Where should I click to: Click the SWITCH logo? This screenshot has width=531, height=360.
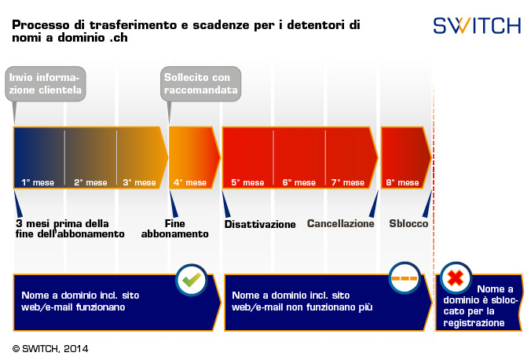pyautogui.click(x=477, y=26)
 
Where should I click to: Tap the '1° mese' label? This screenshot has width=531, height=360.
pyautogui.click(x=38, y=182)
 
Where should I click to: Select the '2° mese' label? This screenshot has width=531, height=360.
pyautogui.click(x=90, y=182)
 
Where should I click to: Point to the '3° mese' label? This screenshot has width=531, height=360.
pyautogui.click(x=140, y=182)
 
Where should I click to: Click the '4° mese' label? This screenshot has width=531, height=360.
pyautogui.click(x=190, y=182)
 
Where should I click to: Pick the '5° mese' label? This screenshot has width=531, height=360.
pyautogui.click(x=247, y=182)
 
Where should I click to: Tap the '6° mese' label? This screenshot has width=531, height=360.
pyautogui.click(x=298, y=182)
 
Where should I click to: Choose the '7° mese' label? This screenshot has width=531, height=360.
pyautogui.click(x=348, y=182)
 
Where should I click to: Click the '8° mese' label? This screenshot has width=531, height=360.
pyautogui.click(x=402, y=182)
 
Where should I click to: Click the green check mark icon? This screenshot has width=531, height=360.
pyautogui.click(x=191, y=279)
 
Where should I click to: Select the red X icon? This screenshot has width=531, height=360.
pyautogui.click(x=455, y=278)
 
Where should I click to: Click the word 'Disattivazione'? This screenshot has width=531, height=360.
pyautogui.click(x=260, y=224)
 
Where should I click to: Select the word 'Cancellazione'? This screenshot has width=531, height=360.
pyautogui.click(x=341, y=223)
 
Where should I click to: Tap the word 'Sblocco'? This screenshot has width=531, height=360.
pyautogui.click(x=408, y=223)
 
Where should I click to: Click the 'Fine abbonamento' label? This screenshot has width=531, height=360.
pyautogui.click(x=175, y=228)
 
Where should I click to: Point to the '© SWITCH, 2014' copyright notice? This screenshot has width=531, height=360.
pyautogui.click(x=51, y=347)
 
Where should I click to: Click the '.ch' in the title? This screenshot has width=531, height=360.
pyautogui.click(x=116, y=37)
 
